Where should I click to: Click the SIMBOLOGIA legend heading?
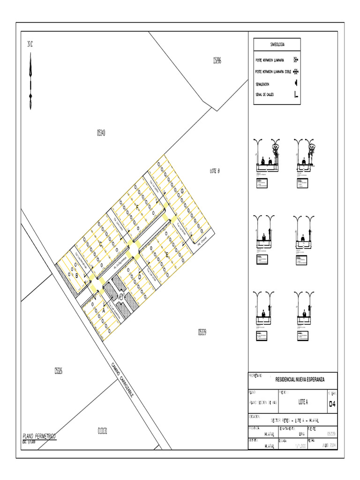[277, 45]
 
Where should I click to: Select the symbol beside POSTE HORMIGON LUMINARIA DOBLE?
[296, 72]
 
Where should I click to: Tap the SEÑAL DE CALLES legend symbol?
[296, 94]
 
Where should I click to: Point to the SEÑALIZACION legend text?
[262, 83]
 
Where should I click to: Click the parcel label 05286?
[217, 60]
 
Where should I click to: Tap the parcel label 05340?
[101, 133]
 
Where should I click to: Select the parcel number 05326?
[59, 371]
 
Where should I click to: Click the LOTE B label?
[215, 171]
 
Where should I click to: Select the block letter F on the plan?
[137, 207]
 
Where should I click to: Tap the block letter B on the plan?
[77, 276]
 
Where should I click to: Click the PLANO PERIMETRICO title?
[39, 436]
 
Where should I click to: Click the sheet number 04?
[332, 404]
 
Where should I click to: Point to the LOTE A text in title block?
[303, 402]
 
